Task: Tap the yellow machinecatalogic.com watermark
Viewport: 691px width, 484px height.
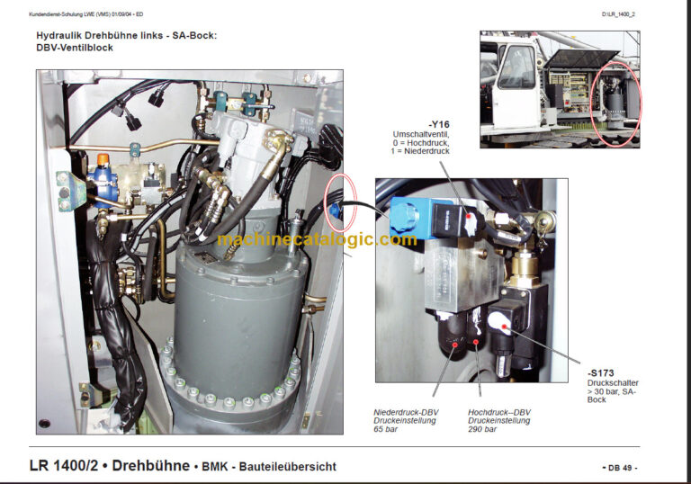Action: (317, 239)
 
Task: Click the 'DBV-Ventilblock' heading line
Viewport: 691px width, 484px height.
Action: (75, 48)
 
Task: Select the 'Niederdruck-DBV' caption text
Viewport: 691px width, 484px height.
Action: (405, 412)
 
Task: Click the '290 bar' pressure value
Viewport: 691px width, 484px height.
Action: (482, 429)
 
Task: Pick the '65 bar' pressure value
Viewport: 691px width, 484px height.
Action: (386, 429)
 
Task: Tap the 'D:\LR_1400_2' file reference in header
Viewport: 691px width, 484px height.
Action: (620, 14)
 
